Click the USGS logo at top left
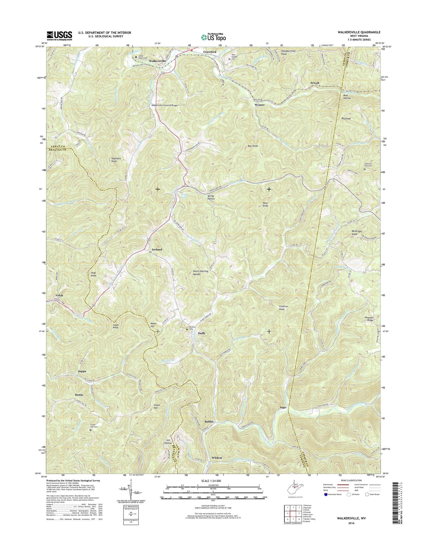[x=59, y=36]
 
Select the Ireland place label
[x=155, y=250]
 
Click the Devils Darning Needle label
[x=201, y=273]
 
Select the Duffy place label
[x=202, y=333]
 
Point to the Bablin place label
[x=209, y=421]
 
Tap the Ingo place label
[x=283, y=407]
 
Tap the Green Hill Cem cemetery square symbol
[x=91, y=430]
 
